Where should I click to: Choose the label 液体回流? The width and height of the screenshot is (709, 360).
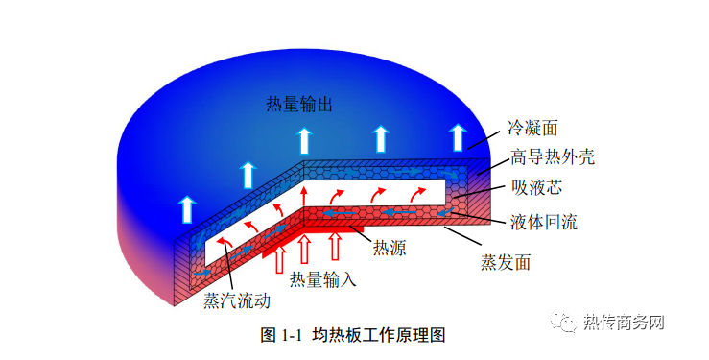tap(543, 222)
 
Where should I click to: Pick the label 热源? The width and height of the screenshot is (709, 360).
tap(389, 249)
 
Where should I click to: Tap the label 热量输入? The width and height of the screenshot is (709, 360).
tap(323, 279)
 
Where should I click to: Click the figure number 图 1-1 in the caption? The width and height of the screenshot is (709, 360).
tap(282, 334)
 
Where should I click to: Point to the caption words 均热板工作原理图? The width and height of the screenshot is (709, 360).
tap(379, 334)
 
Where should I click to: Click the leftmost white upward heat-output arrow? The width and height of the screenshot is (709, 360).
tap(185, 208)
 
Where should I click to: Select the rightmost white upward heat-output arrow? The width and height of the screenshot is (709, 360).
tap(459, 136)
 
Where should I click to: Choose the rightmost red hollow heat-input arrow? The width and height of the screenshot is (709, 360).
tap(336, 245)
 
